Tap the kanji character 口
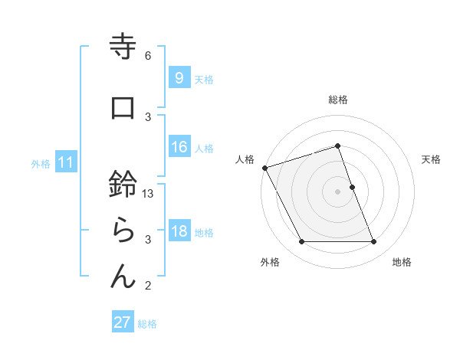coord(123,108)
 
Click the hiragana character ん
coord(123,277)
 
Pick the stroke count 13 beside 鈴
coord(149,195)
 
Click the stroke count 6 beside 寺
coord(148,56)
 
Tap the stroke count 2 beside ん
coord(148,286)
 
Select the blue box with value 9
coord(179,78)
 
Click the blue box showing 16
coord(179,148)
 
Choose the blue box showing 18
coord(179,232)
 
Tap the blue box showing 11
coord(65,162)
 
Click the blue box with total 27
coord(122,323)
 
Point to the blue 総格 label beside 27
coord(147,324)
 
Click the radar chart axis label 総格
coord(338,100)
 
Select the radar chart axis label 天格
coord(431,159)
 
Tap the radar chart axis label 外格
coord(269,263)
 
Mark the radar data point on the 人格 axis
coord(264,168)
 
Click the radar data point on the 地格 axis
coord(373,242)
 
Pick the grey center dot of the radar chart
coord(338,191)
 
